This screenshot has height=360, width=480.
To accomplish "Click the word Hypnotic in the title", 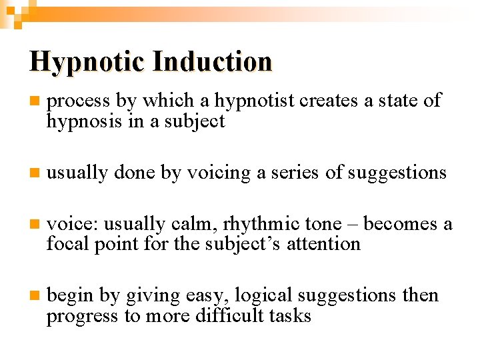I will click(87, 62).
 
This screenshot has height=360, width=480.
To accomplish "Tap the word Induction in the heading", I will click(212, 62).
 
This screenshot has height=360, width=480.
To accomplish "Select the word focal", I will click(65, 244).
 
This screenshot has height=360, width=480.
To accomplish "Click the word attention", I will click(323, 244).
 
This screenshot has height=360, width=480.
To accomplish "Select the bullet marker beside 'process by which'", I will click(34, 101).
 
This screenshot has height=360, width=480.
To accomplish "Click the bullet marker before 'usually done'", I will click(34, 173).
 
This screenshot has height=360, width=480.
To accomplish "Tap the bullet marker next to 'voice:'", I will click(34, 225).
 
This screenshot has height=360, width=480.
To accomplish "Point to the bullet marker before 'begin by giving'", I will click(34, 296).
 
